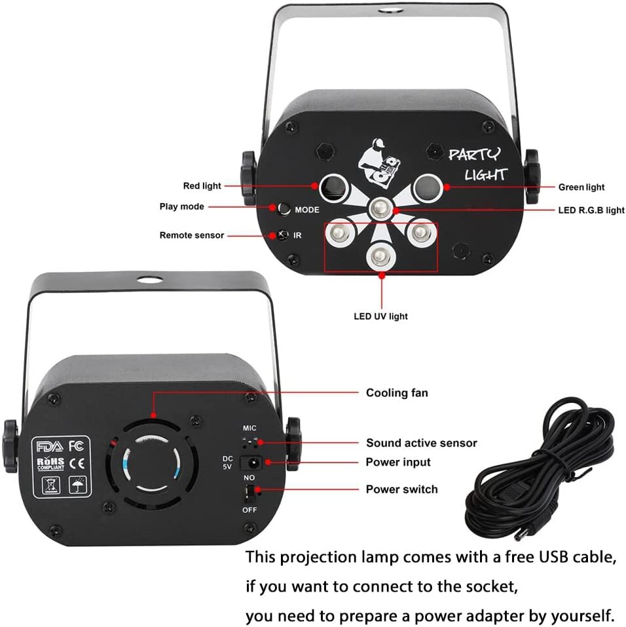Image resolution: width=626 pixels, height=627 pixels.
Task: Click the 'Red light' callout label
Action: coord(202,186)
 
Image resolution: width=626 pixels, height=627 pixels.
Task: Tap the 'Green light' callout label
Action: coord(581,187)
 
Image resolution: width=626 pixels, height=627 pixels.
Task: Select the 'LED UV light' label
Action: coord(380,316)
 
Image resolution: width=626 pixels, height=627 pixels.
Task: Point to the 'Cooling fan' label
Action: coord(397,393)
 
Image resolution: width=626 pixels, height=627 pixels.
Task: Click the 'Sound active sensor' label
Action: coord(422,443)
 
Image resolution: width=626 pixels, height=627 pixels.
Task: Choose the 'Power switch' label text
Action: coord(402,489)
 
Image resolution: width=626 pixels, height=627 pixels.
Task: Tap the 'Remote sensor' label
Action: coord(192,235)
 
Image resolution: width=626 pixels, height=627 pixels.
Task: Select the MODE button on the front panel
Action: coord(284,209)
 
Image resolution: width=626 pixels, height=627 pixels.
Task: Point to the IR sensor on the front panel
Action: coord(283,235)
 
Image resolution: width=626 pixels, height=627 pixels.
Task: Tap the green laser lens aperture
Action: coord(428,187)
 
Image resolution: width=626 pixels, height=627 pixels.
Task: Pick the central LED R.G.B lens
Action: coord(380,208)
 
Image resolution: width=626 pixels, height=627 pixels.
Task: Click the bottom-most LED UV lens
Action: coord(380,256)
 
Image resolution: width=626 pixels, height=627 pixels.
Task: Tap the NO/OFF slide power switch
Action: coord(250,493)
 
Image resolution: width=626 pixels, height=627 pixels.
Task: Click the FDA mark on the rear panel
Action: coord(50,446)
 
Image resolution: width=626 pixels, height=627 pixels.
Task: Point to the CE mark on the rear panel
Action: coord(77,463)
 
